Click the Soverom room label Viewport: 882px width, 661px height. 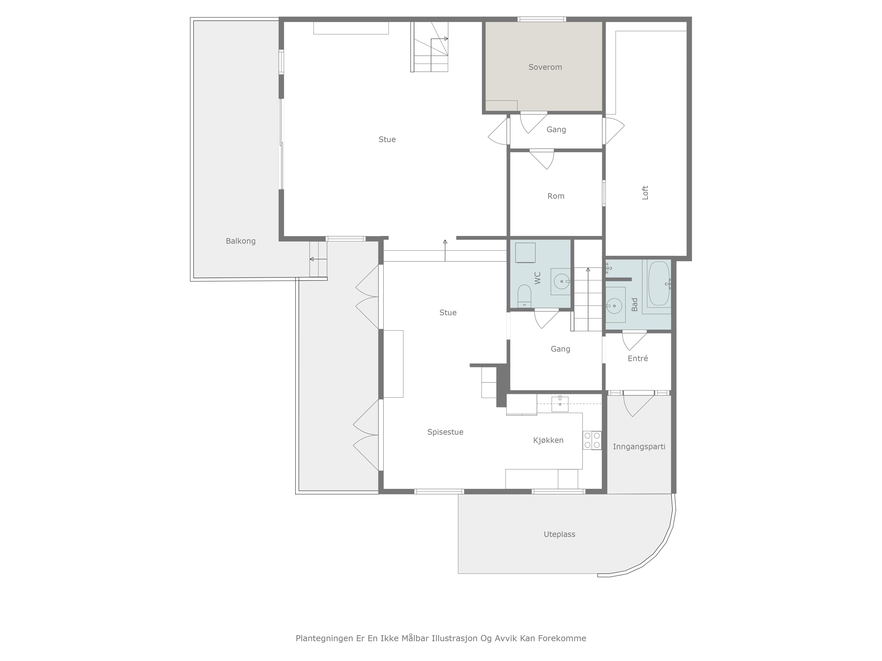tap(545, 67)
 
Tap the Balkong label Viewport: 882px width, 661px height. tap(240, 241)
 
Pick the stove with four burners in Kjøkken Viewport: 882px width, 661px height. tap(592, 440)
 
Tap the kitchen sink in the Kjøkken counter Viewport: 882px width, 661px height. tap(560, 404)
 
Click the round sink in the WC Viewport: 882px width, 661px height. tap(561, 281)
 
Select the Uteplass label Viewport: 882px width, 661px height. tap(560, 534)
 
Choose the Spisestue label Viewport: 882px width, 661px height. tap(445, 432)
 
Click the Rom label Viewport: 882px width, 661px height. tap(556, 196)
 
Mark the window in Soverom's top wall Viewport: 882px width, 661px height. tap(542, 19)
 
